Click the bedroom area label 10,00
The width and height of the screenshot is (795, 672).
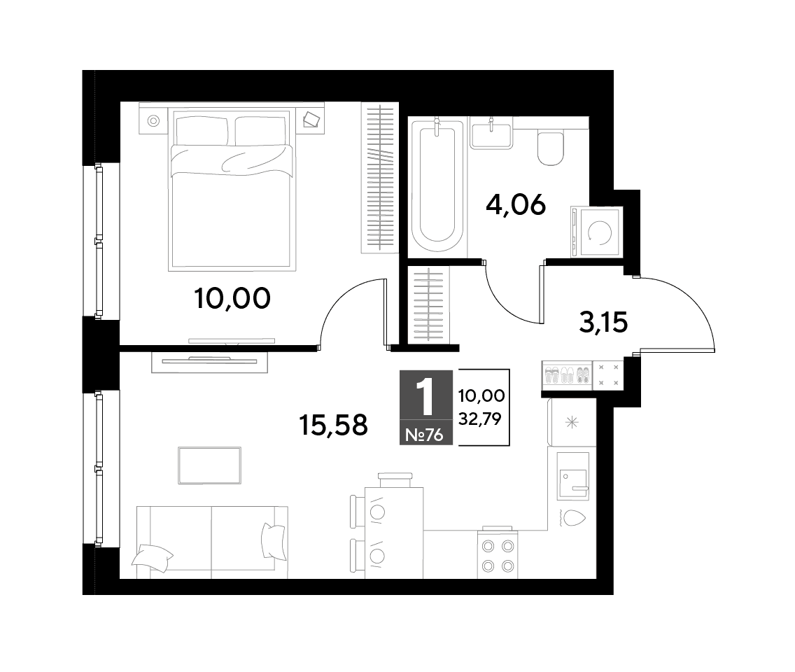232,298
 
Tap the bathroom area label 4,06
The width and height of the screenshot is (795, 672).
516,205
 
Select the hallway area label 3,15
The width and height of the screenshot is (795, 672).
603,322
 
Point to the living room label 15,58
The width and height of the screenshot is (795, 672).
334,425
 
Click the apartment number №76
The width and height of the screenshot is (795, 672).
425,435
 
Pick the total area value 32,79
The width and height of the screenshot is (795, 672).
479,419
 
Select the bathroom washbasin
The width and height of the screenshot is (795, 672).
491,134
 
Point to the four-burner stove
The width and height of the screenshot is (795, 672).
498,554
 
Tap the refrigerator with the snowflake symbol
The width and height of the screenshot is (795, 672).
572,422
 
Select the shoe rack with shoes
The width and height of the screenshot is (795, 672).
568,375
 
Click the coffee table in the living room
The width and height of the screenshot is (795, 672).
209,465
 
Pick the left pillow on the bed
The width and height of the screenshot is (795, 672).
201,131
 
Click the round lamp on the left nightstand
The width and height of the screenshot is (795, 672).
153,120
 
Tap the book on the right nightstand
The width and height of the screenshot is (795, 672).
311,120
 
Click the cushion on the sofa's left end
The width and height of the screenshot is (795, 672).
152,558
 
